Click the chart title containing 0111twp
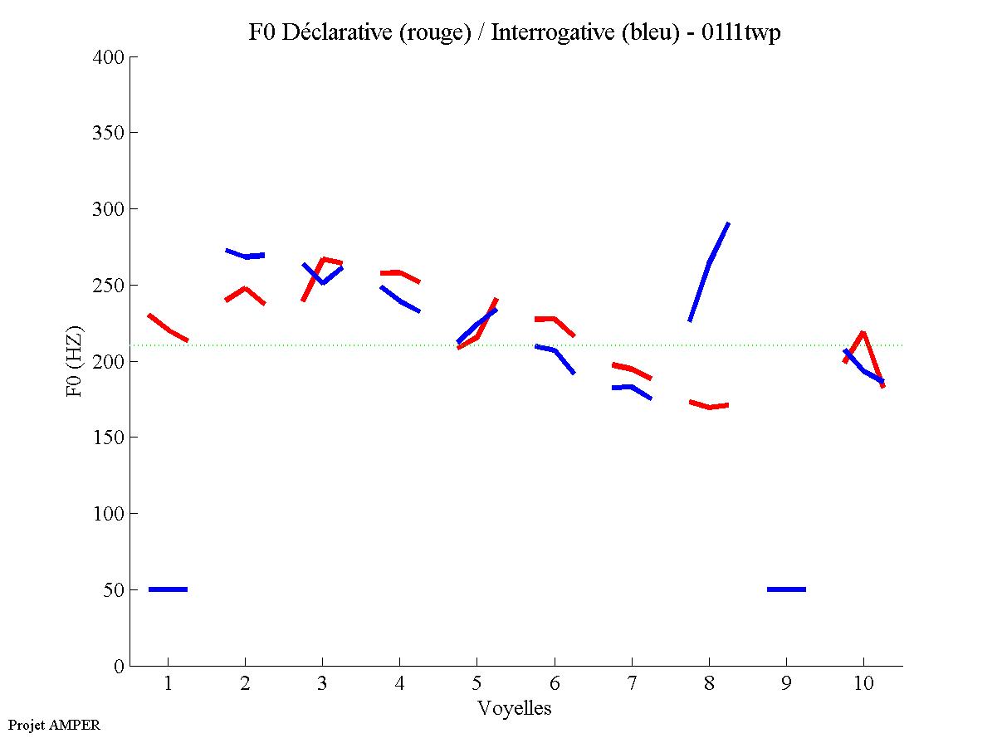click(x=515, y=32)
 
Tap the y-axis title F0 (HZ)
click(x=75, y=361)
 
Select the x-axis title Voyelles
click(x=515, y=708)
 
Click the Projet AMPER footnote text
click(x=54, y=725)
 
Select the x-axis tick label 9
click(x=786, y=684)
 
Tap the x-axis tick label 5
click(x=477, y=684)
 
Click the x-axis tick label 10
click(x=863, y=684)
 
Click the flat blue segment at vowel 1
click(x=168, y=589)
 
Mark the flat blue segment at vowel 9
click(x=786, y=589)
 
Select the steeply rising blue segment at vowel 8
click(x=709, y=264)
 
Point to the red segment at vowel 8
click(x=709, y=406)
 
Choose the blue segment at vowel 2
click(x=245, y=256)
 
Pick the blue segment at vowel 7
click(x=632, y=388)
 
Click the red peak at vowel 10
click(x=863, y=334)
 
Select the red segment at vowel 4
click(x=399, y=273)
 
